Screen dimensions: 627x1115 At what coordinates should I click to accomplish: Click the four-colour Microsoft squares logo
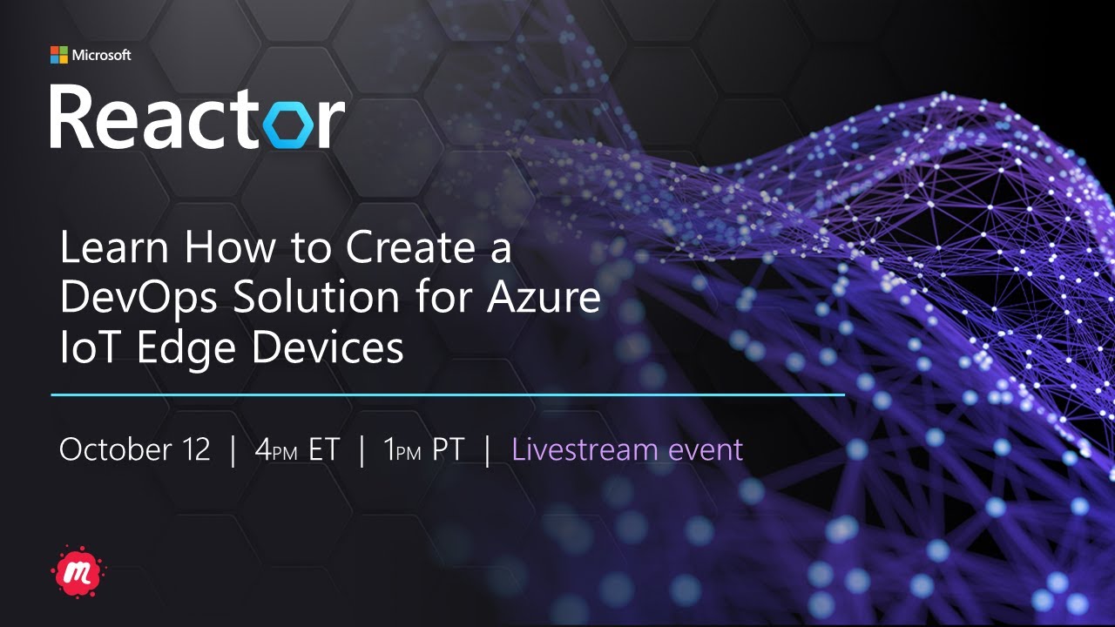[58, 55]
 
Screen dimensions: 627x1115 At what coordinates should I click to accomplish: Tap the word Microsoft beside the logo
[101, 55]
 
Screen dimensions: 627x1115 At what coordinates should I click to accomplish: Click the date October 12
[135, 449]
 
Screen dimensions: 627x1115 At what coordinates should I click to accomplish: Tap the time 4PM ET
[296, 449]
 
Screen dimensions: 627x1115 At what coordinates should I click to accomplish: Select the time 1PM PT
[424, 449]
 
